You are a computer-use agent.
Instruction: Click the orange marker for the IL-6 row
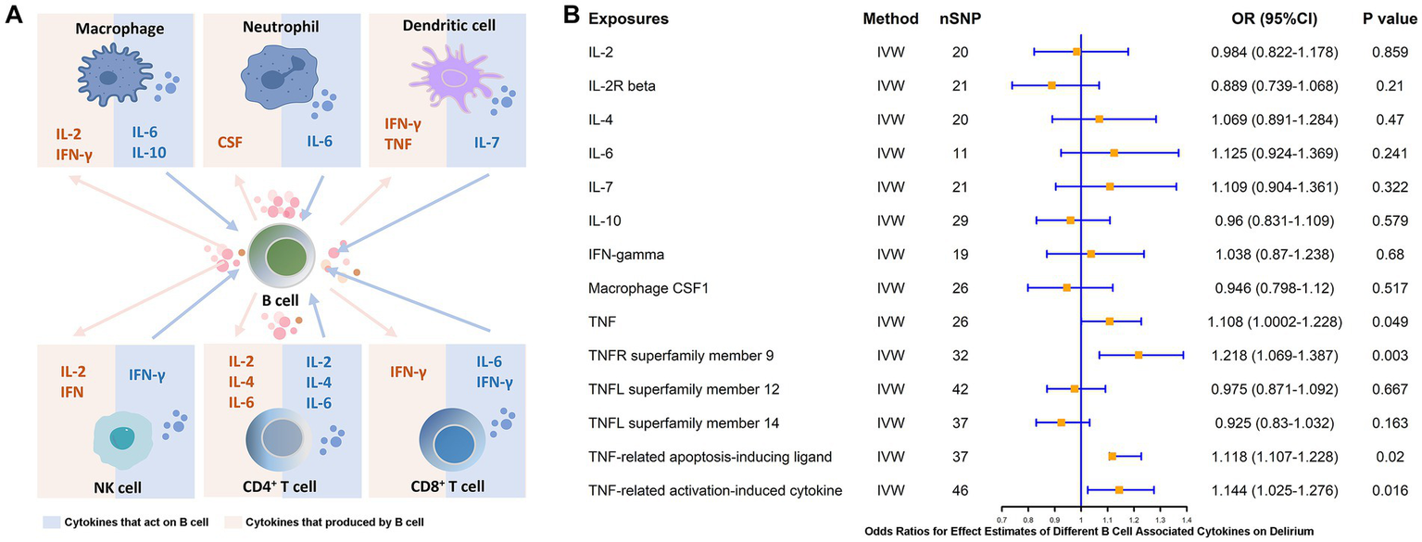click(x=1114, y=152)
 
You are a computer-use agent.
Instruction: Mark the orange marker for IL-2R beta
click(x=1051, y=85)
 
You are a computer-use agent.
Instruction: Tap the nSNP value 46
click(x=960, y=490)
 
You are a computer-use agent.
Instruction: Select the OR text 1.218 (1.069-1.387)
click(x=1276, y=355)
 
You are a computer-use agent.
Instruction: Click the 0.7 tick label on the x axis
click(x=1002, y=521)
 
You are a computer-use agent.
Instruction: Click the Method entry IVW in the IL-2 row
click(x=889, y=51)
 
